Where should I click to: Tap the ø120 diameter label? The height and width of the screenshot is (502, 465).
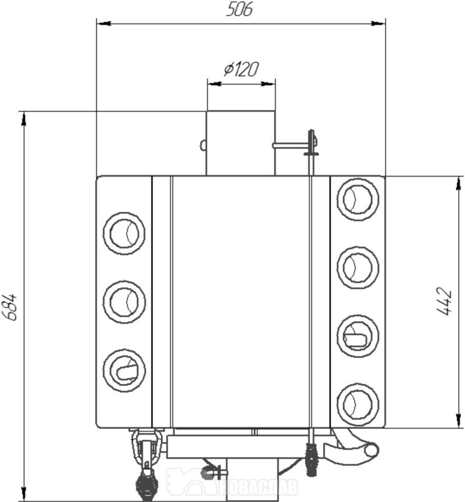click(x=241, y=69)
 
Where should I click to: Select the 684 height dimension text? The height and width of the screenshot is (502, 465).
click(x=10, y=307)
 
